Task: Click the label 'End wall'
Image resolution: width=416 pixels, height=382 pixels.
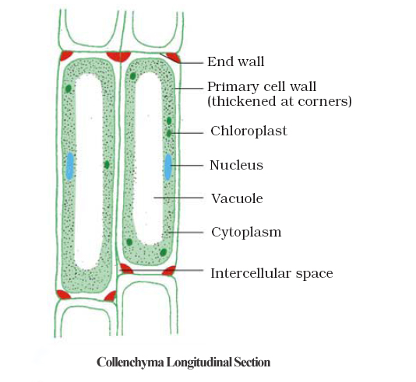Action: [x=235, y=61]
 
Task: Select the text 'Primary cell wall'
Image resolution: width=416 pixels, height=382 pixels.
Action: [x=262, y=87]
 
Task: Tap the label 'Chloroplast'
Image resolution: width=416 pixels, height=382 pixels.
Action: [x=249, y=131]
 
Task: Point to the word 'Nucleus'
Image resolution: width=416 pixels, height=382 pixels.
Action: [x=236, y=165]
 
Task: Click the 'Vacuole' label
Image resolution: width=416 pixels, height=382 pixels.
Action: [x=237, y=198]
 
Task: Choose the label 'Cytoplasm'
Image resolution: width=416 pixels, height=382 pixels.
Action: [x=246, y=233]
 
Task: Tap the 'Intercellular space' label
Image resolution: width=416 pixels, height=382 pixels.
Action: [x=272, y=273]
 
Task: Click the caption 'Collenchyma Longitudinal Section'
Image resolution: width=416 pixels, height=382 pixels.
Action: [x=183, y=362]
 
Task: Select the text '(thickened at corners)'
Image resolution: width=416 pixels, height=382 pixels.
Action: [x=280, y=101]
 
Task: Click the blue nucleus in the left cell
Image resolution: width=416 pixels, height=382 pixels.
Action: [x=70, y=166]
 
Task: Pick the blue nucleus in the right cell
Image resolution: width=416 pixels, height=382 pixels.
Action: [x=168, y=167]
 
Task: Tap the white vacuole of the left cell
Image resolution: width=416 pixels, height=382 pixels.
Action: [x=88, y=172]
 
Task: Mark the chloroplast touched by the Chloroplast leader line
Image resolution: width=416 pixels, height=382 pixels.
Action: [x=169, y=133]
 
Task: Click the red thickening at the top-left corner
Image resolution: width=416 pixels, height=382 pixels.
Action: [x=66, y=56]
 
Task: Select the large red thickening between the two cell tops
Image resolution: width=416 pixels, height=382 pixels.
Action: [x=118, y=57]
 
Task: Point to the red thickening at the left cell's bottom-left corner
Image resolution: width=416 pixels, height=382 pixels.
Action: [x=63, y=294]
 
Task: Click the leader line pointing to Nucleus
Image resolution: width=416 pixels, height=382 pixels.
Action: [x=187, y=165]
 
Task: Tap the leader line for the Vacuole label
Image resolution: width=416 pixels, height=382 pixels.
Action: [x=178, y=198]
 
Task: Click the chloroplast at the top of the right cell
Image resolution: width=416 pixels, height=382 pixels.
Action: [x=133, y=76]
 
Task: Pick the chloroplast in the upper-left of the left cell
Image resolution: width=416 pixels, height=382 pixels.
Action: [x=69, y=89]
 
